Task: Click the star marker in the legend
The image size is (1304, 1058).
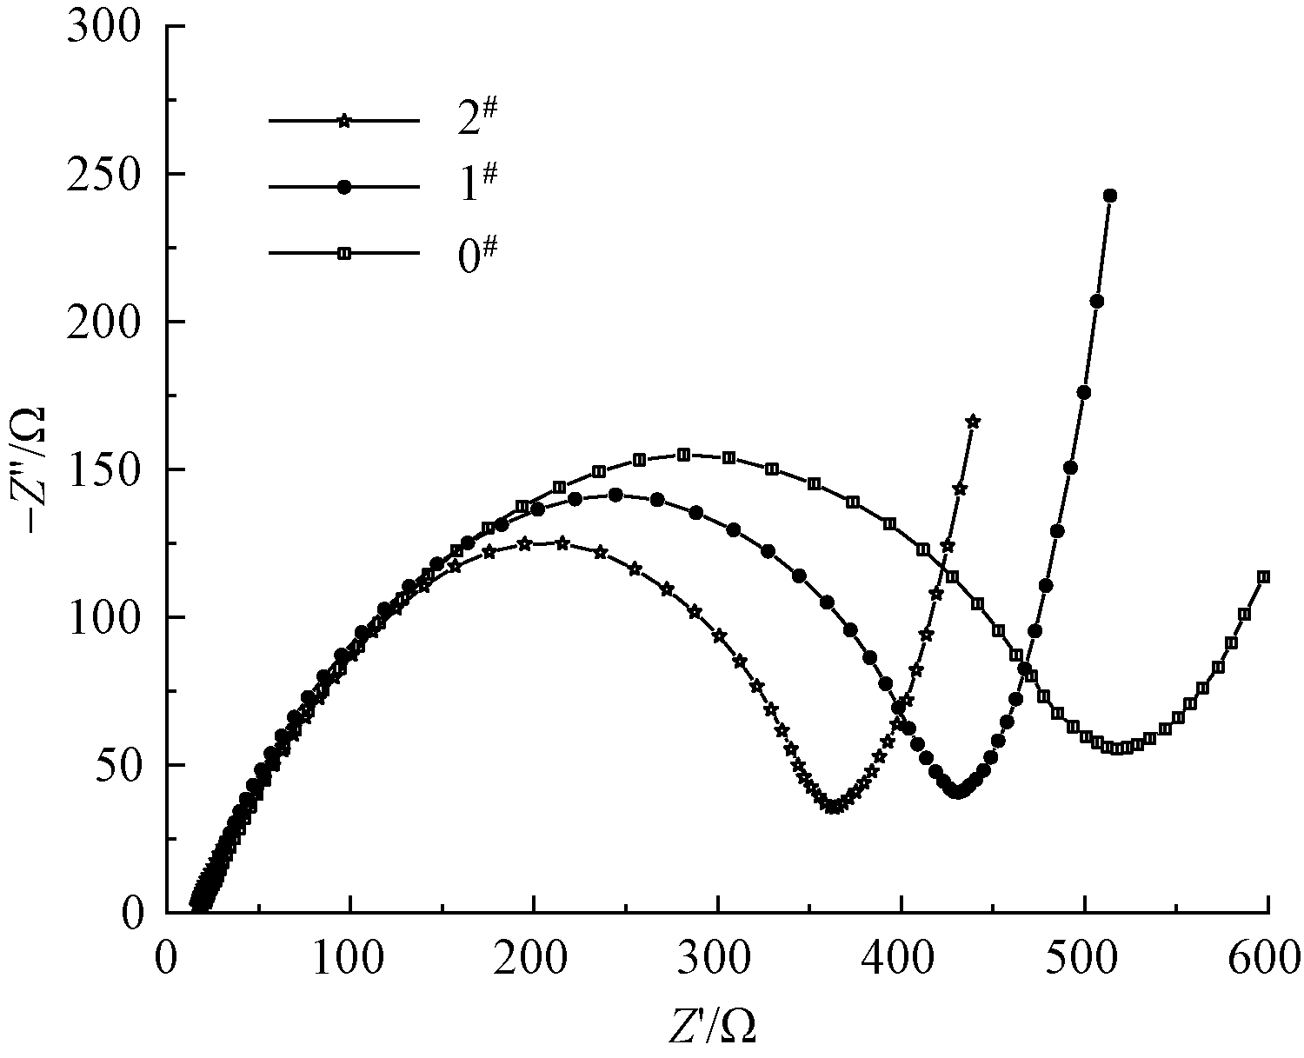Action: click(344, 121)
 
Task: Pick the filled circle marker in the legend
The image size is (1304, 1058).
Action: click(344, 187)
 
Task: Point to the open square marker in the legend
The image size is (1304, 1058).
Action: click(344, 253)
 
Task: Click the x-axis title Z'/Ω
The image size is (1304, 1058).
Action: click(712, 1027)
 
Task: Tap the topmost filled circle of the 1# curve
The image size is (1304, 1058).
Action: click(1109, 196)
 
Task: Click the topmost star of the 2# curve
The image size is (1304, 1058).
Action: click(973, 422)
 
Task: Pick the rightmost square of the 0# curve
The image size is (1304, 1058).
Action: click(1264, 576)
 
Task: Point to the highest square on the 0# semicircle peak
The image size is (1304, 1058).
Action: click(683, 454)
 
